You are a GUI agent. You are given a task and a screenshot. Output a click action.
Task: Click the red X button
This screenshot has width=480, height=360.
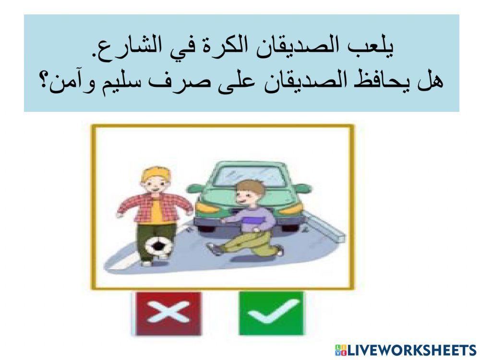(x=168, y=313)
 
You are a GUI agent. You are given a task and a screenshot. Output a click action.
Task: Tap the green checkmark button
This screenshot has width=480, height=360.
(x=271, y=313)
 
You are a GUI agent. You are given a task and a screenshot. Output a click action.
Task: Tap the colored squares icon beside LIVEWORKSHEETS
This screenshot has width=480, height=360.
(x=341, y=349)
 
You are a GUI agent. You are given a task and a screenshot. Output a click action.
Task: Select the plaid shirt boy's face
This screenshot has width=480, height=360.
(x=155, y=187)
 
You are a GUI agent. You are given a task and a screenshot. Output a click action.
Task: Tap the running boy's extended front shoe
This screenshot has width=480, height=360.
(x=212, y=248)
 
